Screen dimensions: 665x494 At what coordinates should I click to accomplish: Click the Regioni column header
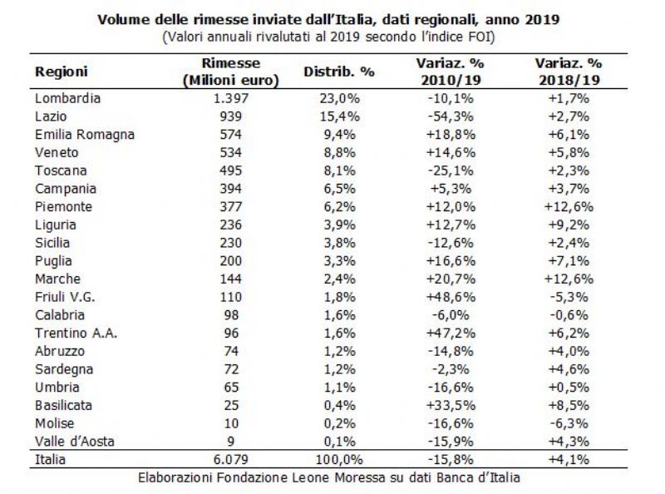click(61, 72)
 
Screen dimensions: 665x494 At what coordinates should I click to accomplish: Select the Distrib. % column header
click(339, 72)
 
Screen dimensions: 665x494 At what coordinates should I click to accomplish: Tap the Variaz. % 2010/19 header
click(451, 72)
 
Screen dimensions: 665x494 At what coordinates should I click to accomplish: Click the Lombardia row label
click(68, 98)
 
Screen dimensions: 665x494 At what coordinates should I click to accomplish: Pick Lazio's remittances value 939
click(231, 116)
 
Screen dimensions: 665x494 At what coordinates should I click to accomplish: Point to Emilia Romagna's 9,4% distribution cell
click(339, 135)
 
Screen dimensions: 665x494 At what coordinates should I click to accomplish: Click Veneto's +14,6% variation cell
click(451, 152)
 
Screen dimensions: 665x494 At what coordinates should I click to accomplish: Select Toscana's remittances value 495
click(231, 170)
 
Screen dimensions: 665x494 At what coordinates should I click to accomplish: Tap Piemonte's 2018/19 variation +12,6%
click(569, 207)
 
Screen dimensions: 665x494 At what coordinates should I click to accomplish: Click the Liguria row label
click(56, 225)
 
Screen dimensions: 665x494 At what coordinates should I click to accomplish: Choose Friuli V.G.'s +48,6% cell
click(451, 297)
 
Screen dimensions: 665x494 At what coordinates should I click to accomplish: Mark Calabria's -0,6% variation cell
click(569, 315)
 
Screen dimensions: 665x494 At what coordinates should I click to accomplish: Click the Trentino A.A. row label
click(76, 333)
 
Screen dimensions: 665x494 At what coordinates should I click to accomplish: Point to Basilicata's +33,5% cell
click(451, 405)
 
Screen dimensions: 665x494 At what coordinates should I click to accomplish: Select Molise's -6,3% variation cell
click(569, 423)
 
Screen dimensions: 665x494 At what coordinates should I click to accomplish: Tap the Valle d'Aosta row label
click(75, 442)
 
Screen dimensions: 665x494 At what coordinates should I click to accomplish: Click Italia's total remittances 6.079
click(231, 459)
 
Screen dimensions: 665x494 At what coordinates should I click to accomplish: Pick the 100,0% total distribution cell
click(339, 459)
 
